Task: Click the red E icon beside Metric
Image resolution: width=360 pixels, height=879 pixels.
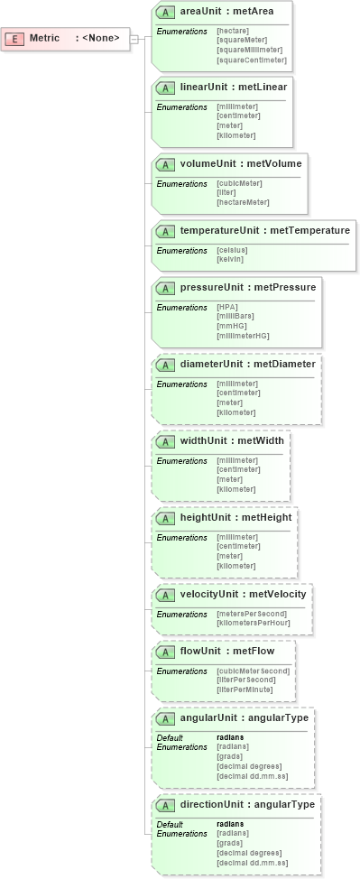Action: [16, 38]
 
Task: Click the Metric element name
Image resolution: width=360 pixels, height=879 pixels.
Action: [44, 38]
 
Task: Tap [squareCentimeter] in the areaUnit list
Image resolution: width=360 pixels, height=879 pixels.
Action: [252, 60]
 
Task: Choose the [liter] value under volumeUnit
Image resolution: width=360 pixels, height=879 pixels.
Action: [226, 192]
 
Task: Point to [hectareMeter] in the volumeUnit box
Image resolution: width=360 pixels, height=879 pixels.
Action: [243, 202]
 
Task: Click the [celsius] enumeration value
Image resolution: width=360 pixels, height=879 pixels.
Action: [232, 250]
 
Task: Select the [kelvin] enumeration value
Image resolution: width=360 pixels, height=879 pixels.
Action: [230, 259]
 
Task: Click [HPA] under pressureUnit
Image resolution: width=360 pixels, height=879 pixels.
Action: [227, 307]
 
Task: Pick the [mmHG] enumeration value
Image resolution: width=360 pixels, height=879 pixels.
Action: [232, 326]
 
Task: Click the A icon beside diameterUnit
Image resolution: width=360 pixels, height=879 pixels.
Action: [165, 365]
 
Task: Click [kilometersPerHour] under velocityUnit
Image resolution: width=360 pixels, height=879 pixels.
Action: [252, 624]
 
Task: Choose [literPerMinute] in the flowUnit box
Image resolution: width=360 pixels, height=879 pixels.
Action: [245, 690]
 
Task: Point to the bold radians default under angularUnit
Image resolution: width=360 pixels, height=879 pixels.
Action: [230, 737]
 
